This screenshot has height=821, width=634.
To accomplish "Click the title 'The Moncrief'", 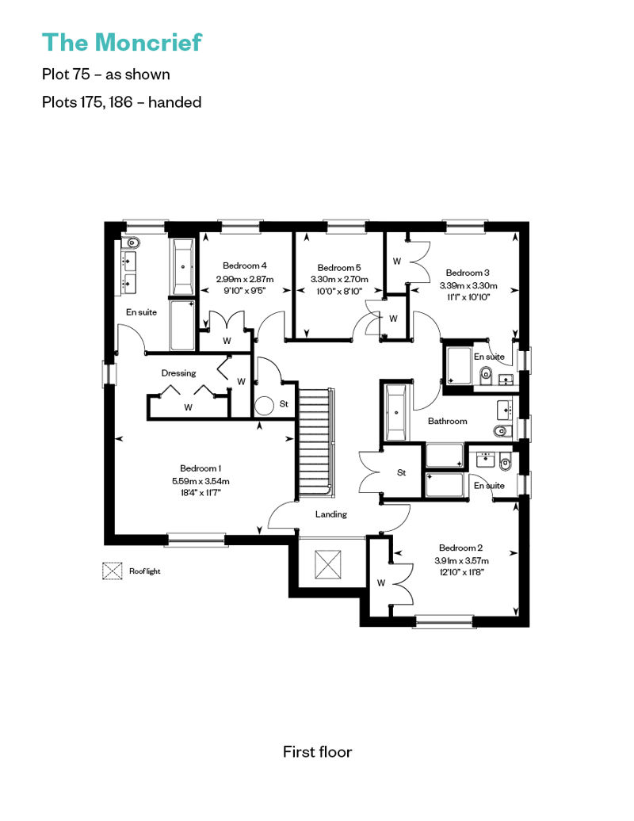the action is click(x=121, y=43).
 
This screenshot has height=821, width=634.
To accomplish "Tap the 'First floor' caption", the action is click(x=317, y=752).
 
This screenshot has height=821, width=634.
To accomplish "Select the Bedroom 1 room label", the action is click(x=201, y=468).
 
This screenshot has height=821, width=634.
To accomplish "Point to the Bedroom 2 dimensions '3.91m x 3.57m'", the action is click(x=461, y=560).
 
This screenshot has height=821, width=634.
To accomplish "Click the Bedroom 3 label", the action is click(x=468, y=273).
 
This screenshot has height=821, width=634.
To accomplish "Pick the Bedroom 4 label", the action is click(x=245, y=265).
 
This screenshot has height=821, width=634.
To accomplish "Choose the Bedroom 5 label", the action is click(x=339, y=268).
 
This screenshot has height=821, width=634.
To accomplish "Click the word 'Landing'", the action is click(x=331, y=514).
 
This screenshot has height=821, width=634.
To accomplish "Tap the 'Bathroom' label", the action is click(x=448, y=421).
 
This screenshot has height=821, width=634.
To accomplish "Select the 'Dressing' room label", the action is click(x=178, y=373).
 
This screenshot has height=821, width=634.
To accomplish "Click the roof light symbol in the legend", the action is click(x=112, y=571).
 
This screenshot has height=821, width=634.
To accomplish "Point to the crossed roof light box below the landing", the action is click(x=328, y=564).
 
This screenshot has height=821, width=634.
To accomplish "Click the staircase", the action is click(x=315, y=443).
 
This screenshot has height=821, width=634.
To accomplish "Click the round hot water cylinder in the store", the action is click(x=265, y=407).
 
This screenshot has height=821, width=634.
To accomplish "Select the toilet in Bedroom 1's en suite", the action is click(x=132, y=242).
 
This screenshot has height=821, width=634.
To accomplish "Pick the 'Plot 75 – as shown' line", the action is click(x=105, y=74).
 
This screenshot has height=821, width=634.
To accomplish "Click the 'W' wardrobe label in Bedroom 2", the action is click(x=381, y=582).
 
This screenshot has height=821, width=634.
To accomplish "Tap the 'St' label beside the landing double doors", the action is click(x=402, y=473).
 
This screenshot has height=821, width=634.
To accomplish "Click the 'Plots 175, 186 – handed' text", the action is click(x=121, y=101).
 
